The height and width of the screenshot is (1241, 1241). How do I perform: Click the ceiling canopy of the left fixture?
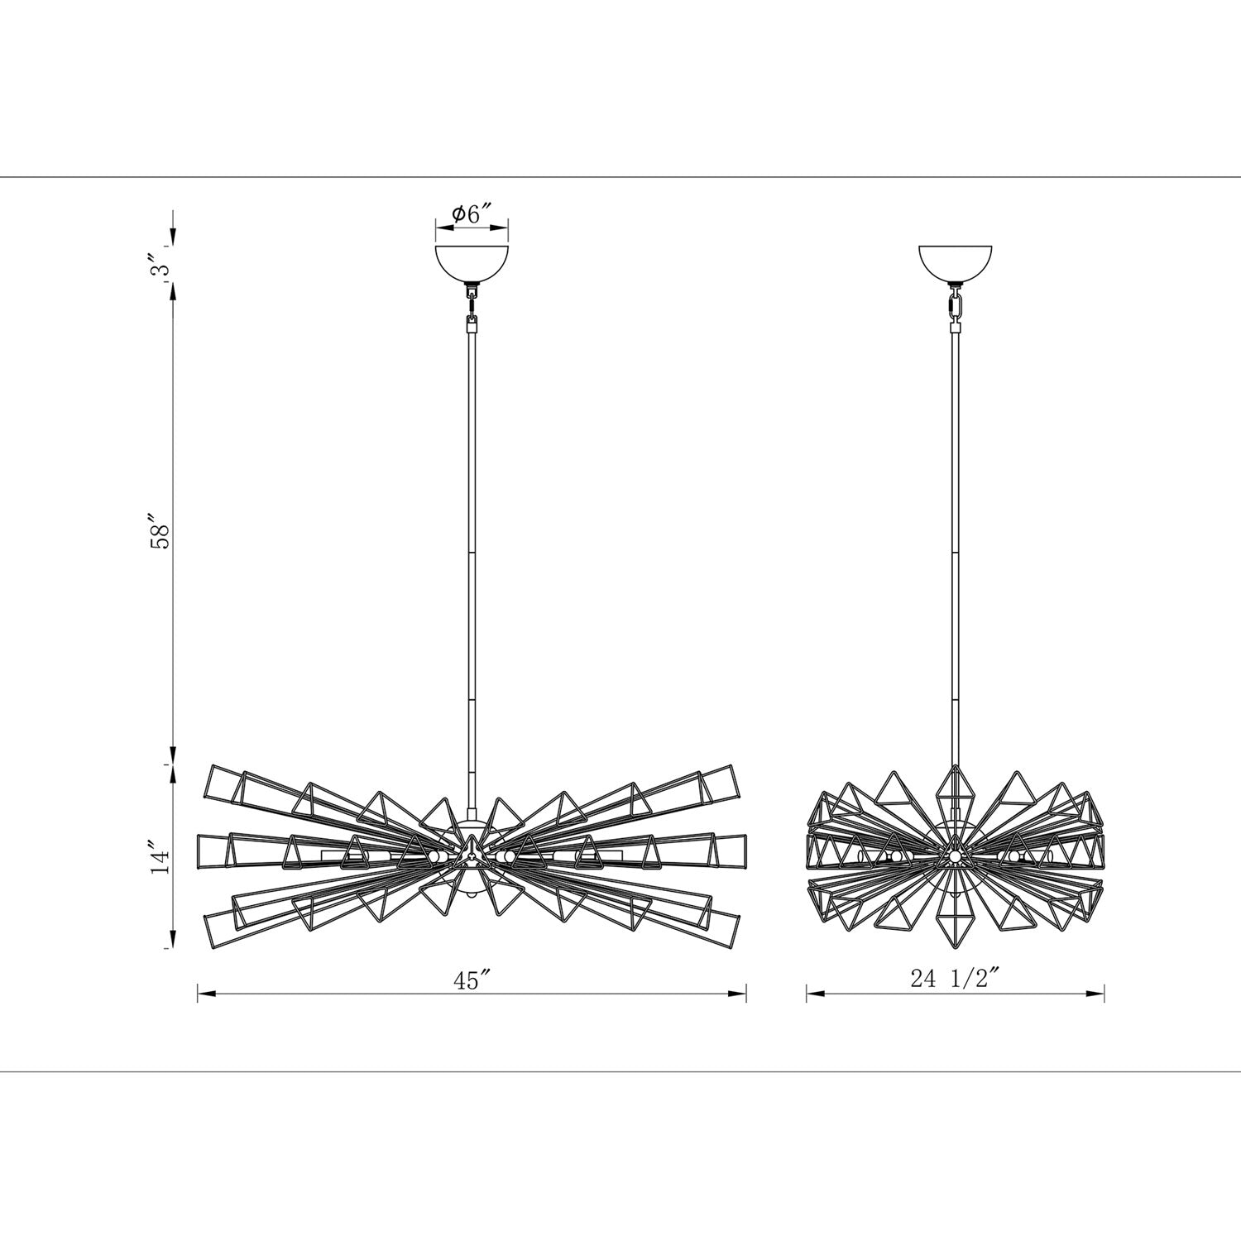472,263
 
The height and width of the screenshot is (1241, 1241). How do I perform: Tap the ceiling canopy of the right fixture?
956,263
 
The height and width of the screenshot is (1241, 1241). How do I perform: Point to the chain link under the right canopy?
956,306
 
